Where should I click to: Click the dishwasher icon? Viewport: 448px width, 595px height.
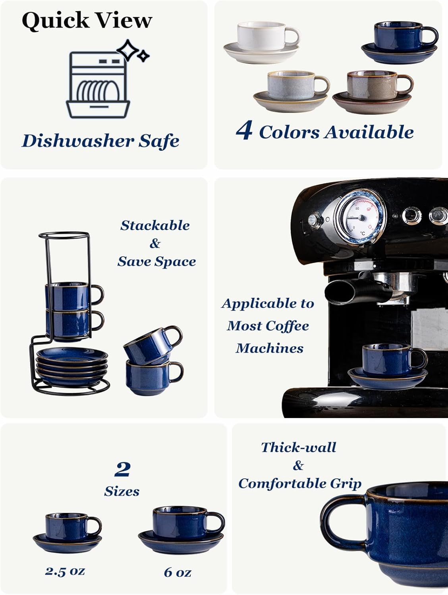point(98,84)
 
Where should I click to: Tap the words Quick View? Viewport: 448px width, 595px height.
point(87,20)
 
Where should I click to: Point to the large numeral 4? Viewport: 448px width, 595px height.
point(243,131)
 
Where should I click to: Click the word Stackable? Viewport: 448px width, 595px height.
point(155,225)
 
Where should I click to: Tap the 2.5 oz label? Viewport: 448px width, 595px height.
point(65,571)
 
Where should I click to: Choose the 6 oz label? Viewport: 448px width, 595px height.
point(178,572)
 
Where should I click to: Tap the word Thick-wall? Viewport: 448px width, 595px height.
point(299,447)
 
